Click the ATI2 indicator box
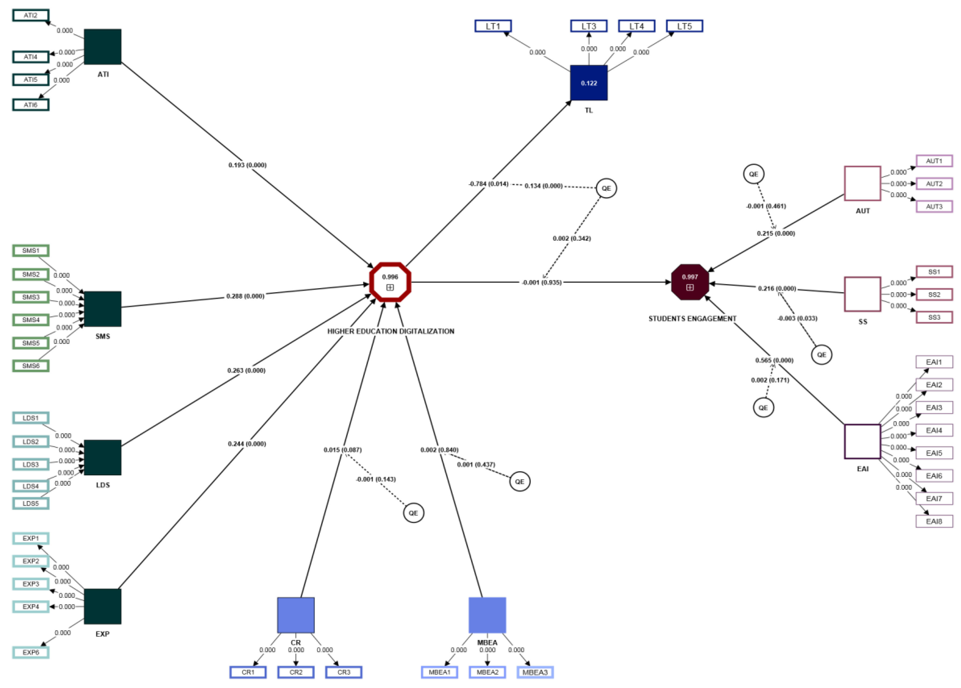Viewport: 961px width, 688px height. pyautogui.click(x=31, y=15)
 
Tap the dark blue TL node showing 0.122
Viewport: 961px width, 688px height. pyautogui.click(x=589, y=83)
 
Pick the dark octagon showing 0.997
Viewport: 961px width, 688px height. pyautogui.click(x=690, y=282)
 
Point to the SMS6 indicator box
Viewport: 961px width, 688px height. pyautogui.click(x=31, y=365)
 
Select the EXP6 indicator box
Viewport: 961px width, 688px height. pyautogui.click(x=31, y=652)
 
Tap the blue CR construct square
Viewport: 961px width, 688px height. pyautogui.click(x=296, y=615)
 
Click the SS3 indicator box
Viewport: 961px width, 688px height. pyautogui.click(x=934, y=317)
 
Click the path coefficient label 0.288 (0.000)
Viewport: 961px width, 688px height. pyautogui.click(x=245, y=296)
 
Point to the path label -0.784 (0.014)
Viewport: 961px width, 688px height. pyautogui.click(x=488, y=184)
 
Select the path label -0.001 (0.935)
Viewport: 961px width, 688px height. pyautogui.click(x=542, y=282)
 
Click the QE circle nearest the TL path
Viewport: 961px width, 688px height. pyautogui.click(x=606, y=188)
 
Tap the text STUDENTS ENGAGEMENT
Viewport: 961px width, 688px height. pyautogui.click(x=692, y=318)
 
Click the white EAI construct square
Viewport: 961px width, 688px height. pyautogui.click(x=862, y=441)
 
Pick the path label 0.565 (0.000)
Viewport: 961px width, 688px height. pyautogui.click(x=774, y=360)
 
